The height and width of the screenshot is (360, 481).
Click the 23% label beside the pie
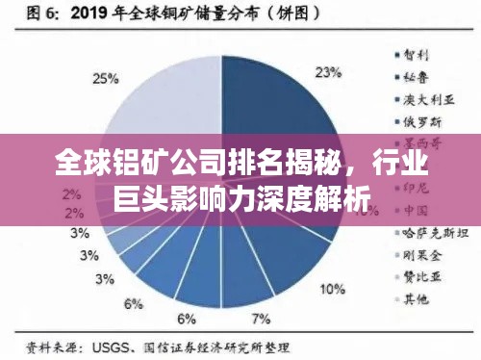coord(330,71)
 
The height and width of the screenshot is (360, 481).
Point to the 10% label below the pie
coord(333,288)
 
